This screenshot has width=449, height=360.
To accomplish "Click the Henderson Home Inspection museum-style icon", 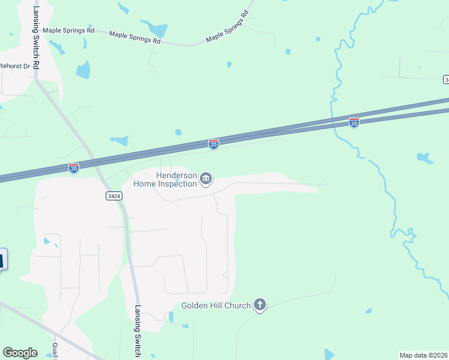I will [206, 178].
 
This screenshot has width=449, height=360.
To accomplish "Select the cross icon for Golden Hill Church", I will [259, 305].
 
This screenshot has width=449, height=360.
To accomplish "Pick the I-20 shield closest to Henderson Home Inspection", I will [214, 144].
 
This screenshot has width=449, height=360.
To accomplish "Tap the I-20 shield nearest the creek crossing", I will [354, 122].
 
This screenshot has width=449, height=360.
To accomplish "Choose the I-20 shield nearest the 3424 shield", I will [73, 168].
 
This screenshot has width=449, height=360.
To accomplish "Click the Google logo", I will [20, 353].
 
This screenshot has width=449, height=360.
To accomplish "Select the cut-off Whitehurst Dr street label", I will [14, 66].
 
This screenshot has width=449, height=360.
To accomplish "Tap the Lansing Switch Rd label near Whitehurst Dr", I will [36, 36].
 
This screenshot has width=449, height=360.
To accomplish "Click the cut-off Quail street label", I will [55, 351].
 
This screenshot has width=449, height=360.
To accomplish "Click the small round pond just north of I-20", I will [178, 133].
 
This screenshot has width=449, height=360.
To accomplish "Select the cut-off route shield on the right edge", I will [446, 79].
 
